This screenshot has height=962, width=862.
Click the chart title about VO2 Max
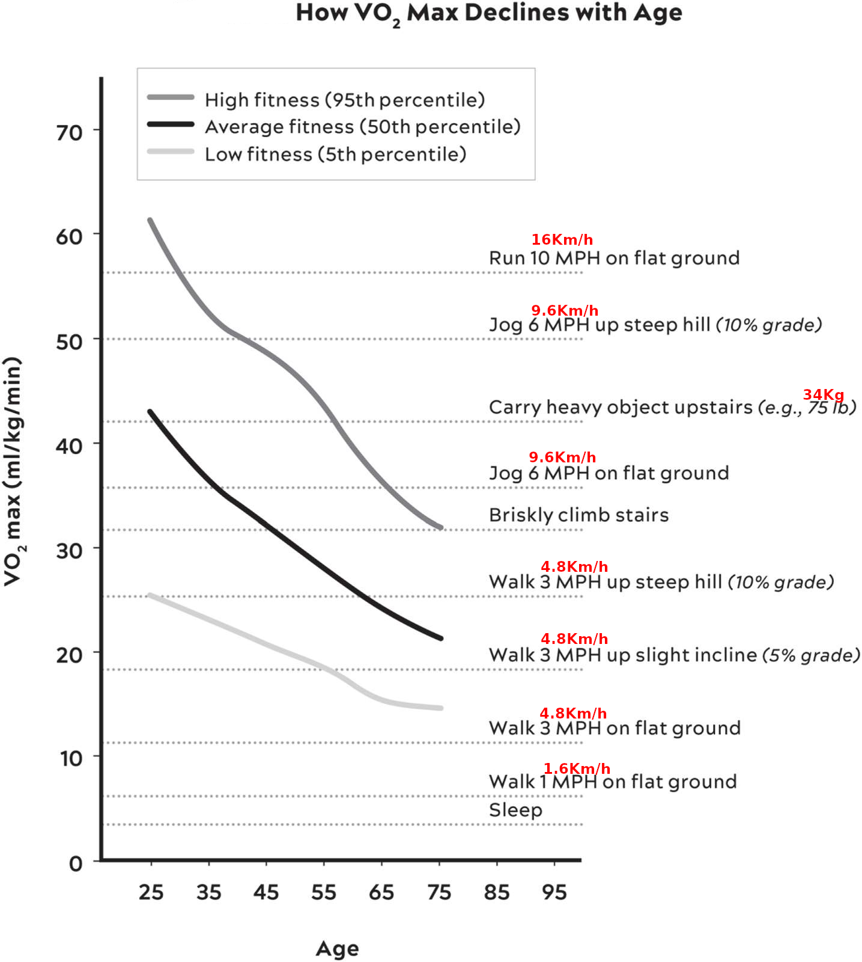[488, 13]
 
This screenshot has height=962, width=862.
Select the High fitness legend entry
[344, 100]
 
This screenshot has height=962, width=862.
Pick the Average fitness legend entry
[362, 127]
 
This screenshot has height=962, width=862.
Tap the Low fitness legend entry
[335, 155]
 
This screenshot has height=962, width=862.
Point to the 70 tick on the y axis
[70, 133]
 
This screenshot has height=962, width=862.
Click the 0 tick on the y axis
[76, 864]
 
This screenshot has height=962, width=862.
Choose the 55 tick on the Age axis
[324, 892]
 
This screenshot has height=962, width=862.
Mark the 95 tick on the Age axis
[554, 892]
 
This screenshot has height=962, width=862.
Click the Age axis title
[337, 949]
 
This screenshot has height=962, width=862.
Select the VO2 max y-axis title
[13, 471]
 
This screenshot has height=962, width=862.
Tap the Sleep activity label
[515, 810]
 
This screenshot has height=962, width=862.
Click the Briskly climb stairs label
[578, 515]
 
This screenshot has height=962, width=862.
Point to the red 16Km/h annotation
[562, 240]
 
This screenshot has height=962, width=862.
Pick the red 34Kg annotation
[824, 395]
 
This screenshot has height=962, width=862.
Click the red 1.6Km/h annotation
[577, 769]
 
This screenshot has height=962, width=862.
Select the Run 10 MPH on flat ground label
[614, 259]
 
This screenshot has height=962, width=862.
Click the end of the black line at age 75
[441, 639]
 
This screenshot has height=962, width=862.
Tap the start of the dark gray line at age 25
[150, 221]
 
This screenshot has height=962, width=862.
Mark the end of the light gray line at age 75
[441, 708]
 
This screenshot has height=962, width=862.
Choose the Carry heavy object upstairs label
[672, 408]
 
